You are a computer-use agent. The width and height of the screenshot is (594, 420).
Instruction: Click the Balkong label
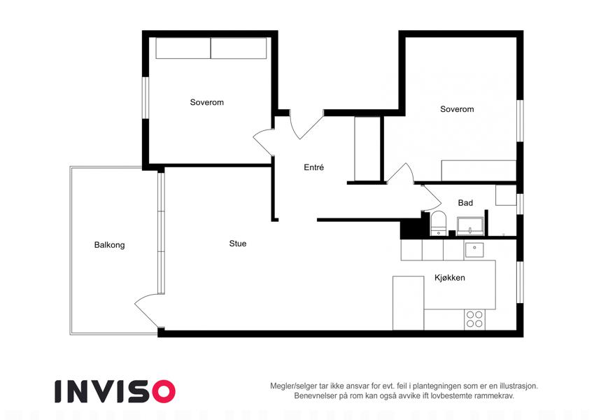[109, 245]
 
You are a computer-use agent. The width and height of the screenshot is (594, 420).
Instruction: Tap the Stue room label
[238, 244]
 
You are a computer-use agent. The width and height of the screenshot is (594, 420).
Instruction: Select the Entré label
[313, 167]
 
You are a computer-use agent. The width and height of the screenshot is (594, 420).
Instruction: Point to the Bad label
[465, 203]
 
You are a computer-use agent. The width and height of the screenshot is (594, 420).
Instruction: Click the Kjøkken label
[450, 277]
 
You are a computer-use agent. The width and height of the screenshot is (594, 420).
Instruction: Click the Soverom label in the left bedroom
[207, 102]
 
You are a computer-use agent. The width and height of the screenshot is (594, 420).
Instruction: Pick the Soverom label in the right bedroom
[457, 109]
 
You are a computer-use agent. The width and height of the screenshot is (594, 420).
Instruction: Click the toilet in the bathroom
[439, 223]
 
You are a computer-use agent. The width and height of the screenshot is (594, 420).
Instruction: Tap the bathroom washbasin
[470, 226]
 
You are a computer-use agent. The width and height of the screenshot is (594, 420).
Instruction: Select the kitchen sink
[474, 249]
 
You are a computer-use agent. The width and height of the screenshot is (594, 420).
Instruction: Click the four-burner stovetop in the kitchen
[474, 319]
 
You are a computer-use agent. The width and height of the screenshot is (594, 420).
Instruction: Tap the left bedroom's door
[263, 143]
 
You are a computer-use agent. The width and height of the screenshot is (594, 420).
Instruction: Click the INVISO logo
[115, 391]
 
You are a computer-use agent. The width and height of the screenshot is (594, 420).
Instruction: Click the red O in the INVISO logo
[163, 391]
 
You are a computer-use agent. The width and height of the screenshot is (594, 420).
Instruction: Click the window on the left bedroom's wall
[145, 98]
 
